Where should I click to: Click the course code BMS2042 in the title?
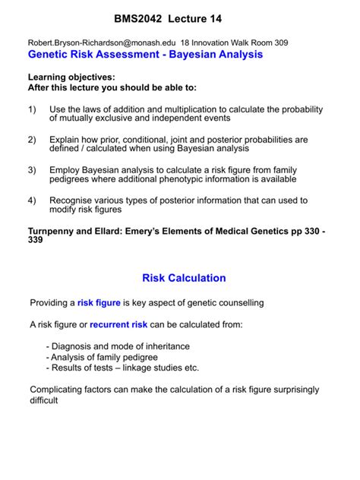141,17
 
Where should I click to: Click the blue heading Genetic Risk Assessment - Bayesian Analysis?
145,55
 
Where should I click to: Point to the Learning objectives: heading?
72,77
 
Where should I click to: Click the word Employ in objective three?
67,170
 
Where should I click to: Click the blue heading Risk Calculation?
185,278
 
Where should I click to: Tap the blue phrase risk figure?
99,303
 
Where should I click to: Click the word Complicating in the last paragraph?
59,390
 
